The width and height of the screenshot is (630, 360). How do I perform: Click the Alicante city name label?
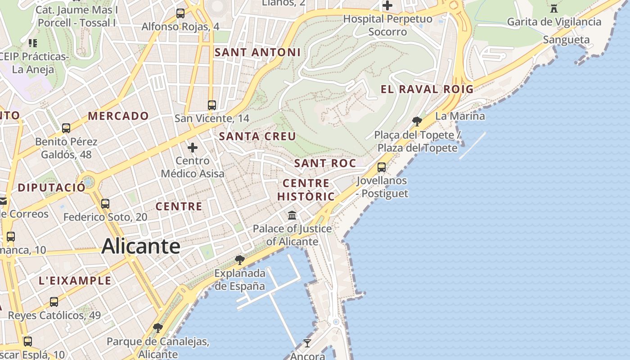(141, 247)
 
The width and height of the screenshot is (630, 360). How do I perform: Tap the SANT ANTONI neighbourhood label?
(257, 52)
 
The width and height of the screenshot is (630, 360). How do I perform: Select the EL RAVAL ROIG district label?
(427, 89)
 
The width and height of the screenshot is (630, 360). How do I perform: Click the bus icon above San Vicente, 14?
(212, 105)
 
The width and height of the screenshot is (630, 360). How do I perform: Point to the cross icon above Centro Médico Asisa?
(193, 148)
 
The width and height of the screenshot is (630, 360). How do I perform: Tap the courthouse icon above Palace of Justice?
(292, 215)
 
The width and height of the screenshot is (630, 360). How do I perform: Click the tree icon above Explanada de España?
(240, 260)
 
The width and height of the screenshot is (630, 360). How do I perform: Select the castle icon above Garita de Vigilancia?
(554, 8)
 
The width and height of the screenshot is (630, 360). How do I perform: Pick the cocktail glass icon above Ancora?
(307, 343)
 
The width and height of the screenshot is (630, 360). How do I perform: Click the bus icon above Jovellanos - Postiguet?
(382, 167)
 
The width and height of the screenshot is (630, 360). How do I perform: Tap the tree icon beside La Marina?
(417, 121)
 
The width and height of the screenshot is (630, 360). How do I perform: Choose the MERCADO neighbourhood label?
(118, 116)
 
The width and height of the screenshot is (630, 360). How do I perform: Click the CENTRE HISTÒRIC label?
(306, 189)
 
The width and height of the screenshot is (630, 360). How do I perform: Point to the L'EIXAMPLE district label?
(75, 281)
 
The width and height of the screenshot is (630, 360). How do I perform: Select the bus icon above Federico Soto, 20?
(105, 204)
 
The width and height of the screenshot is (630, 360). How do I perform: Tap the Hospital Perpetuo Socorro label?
(387, 25)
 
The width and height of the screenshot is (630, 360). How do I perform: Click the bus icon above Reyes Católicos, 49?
(54, 302)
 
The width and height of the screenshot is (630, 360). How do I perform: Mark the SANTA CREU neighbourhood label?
(257, 136)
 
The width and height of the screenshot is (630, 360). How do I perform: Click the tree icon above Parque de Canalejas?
(157, 328)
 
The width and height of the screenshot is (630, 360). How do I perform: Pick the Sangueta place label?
(566, 40)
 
